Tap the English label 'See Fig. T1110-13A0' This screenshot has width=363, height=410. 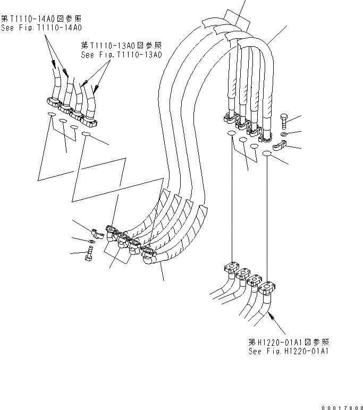[x=121, y=54]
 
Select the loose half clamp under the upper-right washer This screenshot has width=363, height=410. [x=280, y=147]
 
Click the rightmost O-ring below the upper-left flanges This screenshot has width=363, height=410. [x=87, y=136]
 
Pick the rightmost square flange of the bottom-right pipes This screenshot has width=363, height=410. [x=268, y=288]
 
